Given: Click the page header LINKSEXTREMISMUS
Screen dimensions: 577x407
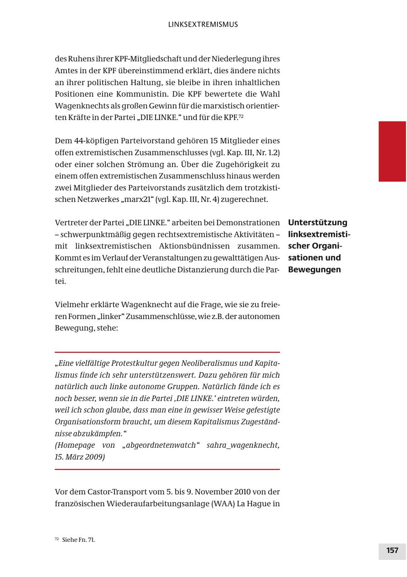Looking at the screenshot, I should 203,24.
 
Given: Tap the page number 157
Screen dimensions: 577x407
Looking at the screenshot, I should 392,550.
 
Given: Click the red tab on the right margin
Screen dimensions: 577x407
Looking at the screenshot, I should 392,151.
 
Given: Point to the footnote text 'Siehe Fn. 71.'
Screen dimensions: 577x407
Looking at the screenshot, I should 79,540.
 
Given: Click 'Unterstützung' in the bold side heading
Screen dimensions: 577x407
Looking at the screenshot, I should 317,222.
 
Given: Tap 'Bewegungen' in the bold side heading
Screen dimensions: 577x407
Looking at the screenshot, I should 314,270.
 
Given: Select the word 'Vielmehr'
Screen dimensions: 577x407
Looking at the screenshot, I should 71,305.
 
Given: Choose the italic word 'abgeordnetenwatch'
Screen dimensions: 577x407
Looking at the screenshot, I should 161,446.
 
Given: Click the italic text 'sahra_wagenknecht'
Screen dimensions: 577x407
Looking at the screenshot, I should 243,446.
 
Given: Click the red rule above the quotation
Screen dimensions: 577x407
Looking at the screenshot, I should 167,352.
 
